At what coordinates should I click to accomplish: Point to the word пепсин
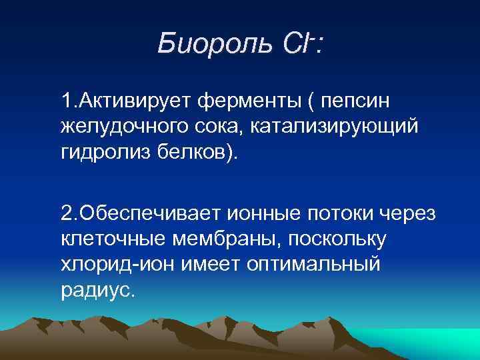click(x=356, y=103)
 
